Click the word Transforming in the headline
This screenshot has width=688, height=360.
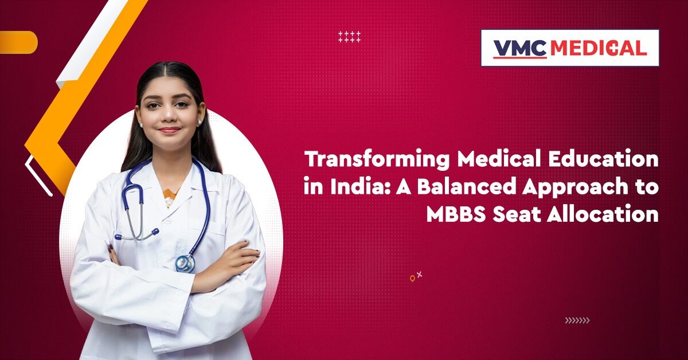pyautogui.click(x=377, y=160)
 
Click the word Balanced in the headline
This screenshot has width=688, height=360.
pyautogui.click(x=466, y=186)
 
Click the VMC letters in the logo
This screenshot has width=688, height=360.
pyautogui.click(x=520, y=49)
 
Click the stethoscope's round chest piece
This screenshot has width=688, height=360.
pyautogui.click(x=185, y=263)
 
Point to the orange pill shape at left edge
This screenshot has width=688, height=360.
pyautogui.click(x=18, y=42)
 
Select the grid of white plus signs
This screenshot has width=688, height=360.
pyautogui.click(x=350, y=37)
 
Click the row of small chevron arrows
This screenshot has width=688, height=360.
pyautogui.click(x=577, y=320)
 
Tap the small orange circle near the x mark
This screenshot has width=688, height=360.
pyautogui.click(x=412, y=279)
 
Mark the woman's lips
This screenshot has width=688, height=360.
pyautogui.click(x=169, y=130)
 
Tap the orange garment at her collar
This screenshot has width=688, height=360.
pyautogui.click(x=170, y=197)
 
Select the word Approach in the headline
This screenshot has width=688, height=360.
pyautogui.click(x=575, y=187)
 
